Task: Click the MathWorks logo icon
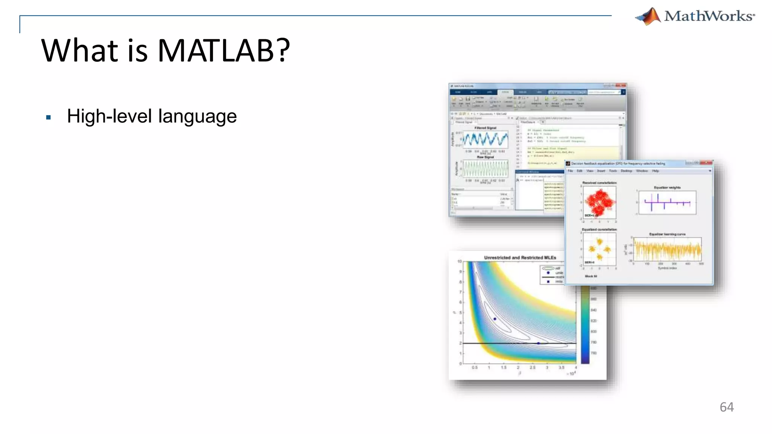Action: [x=648, y=17]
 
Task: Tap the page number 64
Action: [x=726, y=407]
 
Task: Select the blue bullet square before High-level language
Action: [x=48, y=118]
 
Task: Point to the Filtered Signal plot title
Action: [x=485, y=128]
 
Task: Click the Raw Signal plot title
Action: [x=485, y=157]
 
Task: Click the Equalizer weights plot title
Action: [x=667, y=187]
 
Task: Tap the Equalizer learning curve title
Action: [x=667, y=234]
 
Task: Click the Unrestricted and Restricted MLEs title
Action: [x=520, y=258]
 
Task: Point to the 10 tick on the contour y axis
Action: [x=460, y=261]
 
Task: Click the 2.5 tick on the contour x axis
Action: [x=532, y=367]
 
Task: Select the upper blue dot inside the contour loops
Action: [x=495, y=319]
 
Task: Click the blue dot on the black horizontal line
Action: [x=538, y=343]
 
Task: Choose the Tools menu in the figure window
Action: [x=613, y=171]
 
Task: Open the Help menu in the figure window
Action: [x=656, y=171]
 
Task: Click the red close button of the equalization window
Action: [x=708, y=163]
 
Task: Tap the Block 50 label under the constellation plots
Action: [x=591, y=276]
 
